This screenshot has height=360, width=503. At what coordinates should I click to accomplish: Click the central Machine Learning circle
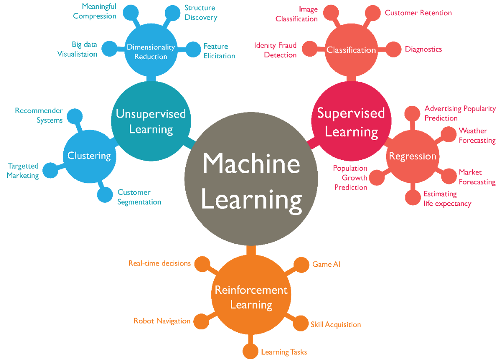(x=251, y=180)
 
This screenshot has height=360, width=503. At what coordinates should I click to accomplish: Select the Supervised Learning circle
(x=351, y=122)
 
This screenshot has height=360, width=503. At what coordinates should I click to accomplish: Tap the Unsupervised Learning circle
(x=151, y=121)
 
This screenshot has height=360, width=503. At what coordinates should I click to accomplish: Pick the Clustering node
(x=89, y=156)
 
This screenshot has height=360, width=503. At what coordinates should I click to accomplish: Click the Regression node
(x=412, y=156)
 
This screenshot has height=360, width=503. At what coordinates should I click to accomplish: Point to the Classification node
(x=351, y=50)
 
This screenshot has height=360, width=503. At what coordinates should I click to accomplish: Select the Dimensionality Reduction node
(x=151, y=52)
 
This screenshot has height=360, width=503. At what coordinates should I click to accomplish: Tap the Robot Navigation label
(x=162, y=321)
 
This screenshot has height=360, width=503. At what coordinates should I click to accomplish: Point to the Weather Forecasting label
(x=477, y=136)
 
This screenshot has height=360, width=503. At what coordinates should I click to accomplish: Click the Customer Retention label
(x=418, y=13)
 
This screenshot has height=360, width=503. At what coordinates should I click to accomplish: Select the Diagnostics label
(x=423, y=49)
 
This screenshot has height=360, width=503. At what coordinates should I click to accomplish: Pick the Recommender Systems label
(x=39, y=115)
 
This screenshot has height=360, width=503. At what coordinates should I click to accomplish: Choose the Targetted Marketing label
(x=23, y=171)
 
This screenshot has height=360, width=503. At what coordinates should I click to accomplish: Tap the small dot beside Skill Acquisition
(x=300, y=323)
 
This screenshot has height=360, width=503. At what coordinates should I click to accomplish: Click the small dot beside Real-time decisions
(x=202, y=264)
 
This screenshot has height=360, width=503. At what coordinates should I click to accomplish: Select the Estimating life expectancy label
(x=447, y=199)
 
